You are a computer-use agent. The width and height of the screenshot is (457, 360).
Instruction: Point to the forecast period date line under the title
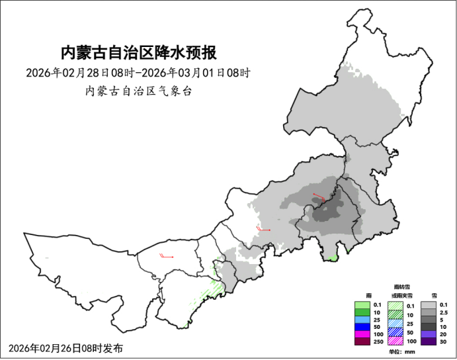pos(139,72)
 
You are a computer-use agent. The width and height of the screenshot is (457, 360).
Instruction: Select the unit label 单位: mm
pos(400,352)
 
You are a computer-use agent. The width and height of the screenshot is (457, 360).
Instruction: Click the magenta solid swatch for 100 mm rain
pos(361,334)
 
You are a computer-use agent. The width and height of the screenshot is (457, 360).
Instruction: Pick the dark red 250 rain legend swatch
pos(361,341)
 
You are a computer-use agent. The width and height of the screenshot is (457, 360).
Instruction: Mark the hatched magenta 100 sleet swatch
pos(395,341)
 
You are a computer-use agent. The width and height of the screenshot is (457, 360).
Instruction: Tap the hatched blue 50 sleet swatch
pos(395,332)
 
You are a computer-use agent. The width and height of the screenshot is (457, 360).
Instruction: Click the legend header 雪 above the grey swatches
pos(434,294)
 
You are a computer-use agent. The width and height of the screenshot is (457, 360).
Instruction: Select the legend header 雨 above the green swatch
pos(361,294)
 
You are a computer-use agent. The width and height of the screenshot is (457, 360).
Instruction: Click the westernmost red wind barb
pos(166,256)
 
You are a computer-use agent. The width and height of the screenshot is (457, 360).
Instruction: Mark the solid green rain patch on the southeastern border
pos(333,257)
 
